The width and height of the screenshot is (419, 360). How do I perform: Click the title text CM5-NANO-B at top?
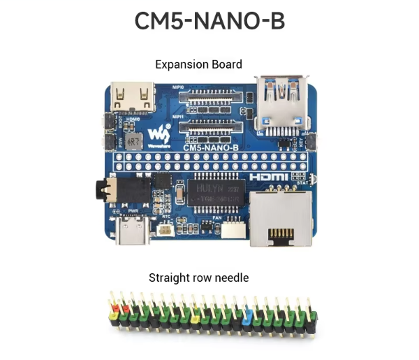[209, 22]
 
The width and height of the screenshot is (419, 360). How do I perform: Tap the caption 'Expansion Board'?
[198, 64]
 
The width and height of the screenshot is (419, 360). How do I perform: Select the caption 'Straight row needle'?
[198, 278]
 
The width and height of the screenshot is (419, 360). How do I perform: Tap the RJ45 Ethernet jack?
[280, 219]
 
